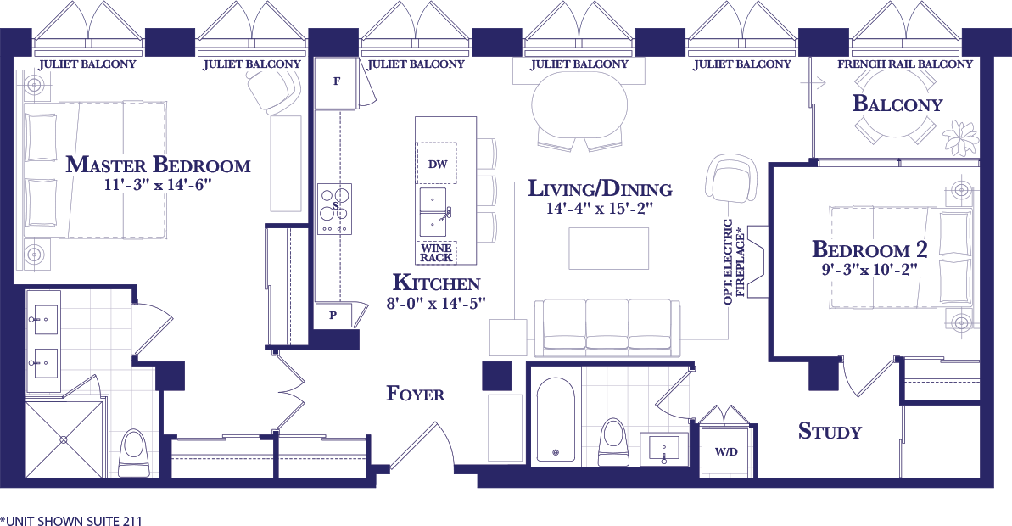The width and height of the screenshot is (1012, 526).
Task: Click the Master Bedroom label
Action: pos(158,165)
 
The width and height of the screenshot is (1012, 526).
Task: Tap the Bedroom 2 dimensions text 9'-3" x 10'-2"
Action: pos(869,269)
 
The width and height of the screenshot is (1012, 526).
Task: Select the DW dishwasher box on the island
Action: pos(438,164)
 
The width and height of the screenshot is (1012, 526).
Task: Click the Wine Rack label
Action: pos(436,252)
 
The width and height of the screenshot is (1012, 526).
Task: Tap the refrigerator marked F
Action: pos(336,82)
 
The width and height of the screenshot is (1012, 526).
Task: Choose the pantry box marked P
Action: pos(333,316)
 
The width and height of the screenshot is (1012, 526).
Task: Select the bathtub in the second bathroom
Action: pos(556,419)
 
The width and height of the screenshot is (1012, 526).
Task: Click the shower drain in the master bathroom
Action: pos(64,439)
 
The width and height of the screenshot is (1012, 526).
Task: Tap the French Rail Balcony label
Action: pos(905,64)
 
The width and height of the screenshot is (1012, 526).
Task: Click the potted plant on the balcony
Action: pos(960,137)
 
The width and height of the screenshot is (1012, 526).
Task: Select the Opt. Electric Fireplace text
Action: pos(734,262)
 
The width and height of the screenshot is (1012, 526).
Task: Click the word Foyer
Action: pos(416,394)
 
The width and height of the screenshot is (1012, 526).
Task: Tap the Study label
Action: pos(830,430)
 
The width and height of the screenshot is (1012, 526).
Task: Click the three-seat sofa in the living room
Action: pos(607,327)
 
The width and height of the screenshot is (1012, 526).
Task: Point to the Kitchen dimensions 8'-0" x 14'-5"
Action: pos(436,303)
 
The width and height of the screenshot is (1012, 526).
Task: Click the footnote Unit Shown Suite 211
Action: pos(71,520)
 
